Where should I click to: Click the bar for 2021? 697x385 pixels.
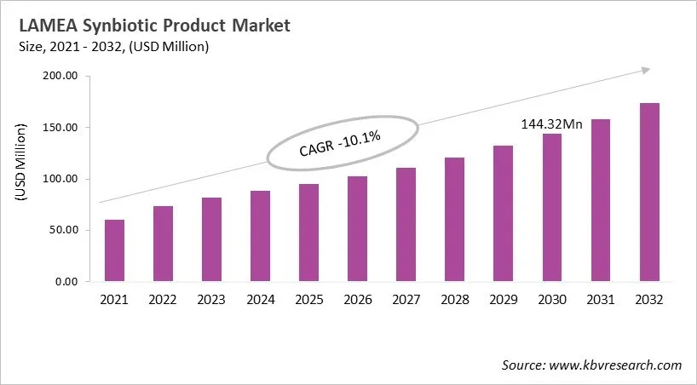click(114, 250)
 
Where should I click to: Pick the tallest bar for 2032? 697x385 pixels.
click(649, 192)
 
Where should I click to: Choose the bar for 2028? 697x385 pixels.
click(455, 219)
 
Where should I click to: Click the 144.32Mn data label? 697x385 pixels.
click(551, 124)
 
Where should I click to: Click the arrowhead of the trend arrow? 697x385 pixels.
click(647, 70)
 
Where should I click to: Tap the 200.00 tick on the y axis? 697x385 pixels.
click(60, 77)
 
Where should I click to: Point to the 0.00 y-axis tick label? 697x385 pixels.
click(66, 281)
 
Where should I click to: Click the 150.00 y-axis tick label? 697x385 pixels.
click(60, 128)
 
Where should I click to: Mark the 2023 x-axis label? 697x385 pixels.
click(211, 300)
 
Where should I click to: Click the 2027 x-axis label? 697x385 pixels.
click(406, 300)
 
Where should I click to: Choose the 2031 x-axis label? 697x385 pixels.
click(601, 300)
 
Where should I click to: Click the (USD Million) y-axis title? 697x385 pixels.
click(20, 162)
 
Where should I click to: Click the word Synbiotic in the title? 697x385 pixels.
click(118, 26)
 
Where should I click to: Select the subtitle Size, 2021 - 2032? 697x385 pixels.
click(72, 46)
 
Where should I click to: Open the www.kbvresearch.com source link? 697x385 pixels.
click(616, 365)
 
